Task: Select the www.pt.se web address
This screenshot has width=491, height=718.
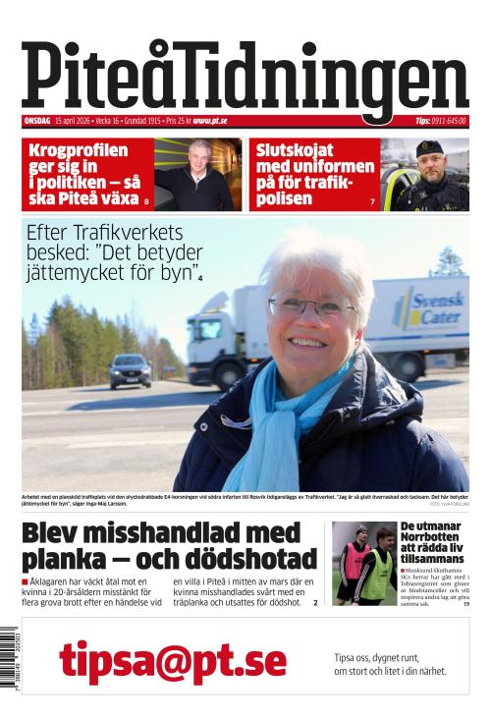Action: (210, 121)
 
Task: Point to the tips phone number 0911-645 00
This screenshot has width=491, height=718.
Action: (448, 121)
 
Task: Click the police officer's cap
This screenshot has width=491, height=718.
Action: (429, 146)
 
